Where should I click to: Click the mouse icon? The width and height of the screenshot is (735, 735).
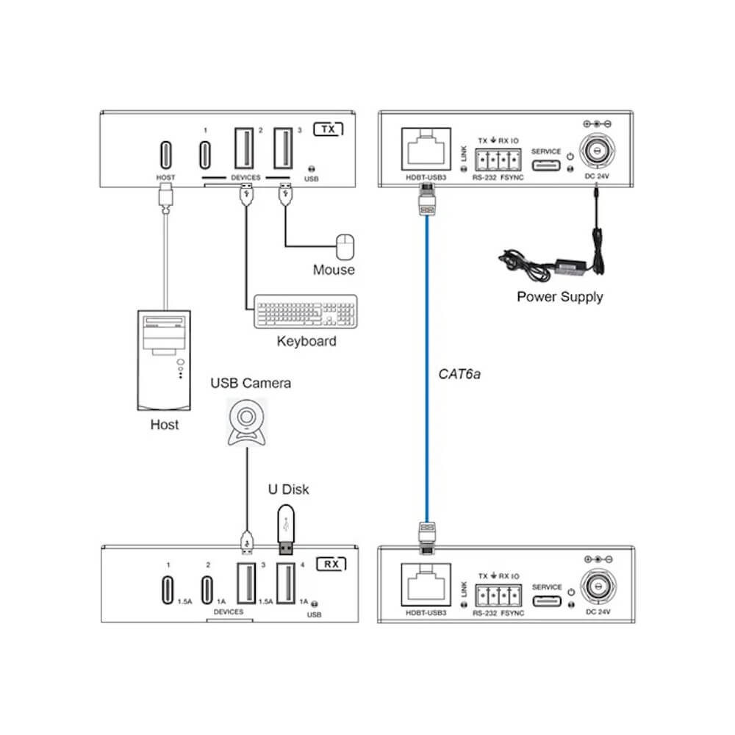point(344,246)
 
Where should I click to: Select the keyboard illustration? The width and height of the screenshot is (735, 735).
point(306,312)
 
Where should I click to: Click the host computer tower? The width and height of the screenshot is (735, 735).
point(165,359)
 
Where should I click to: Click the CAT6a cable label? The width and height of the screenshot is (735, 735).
point(459,375)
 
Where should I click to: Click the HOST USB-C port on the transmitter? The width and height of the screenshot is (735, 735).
point(165,154)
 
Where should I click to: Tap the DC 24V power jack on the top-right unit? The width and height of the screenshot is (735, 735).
point(597,152)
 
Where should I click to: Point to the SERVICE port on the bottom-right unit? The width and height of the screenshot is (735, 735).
point(546,602)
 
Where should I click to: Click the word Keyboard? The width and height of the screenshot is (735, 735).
point(306,341)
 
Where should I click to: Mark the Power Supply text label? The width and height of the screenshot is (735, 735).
point(559,297)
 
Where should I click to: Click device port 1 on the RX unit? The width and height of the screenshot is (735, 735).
point(168,590)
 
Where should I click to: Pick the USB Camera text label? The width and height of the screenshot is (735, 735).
point(251,383)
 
